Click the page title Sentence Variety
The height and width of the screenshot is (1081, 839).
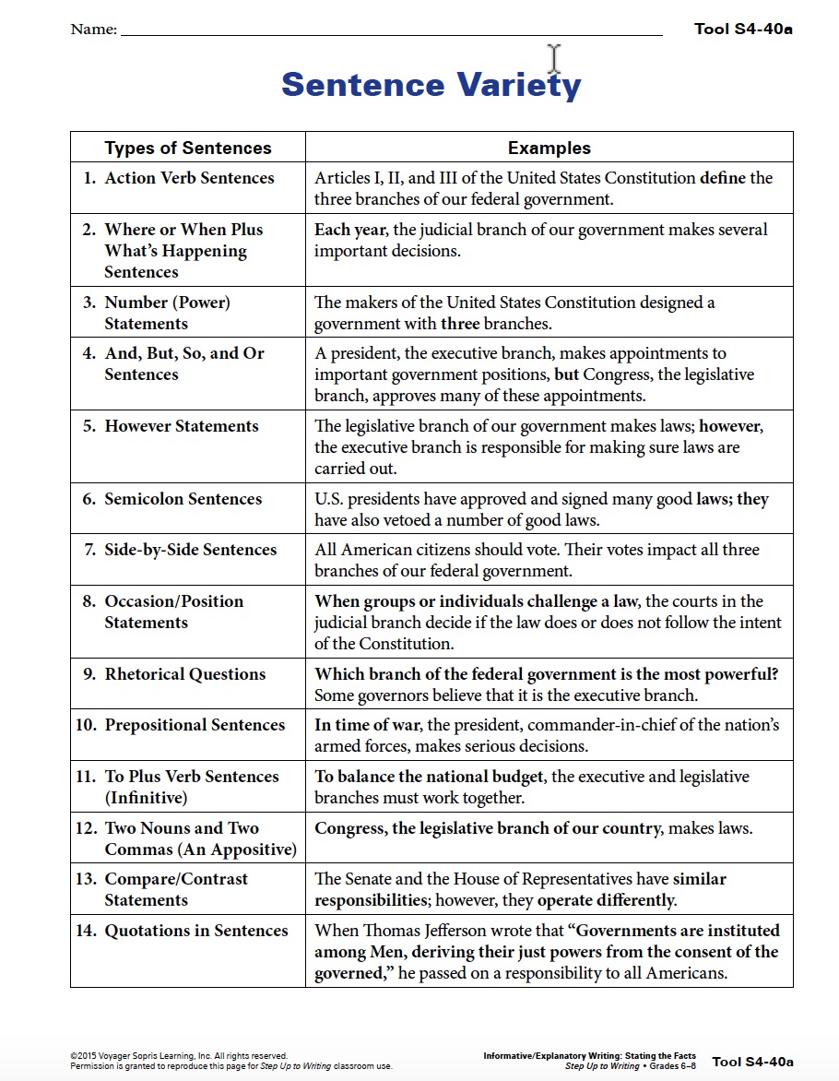click(431, 85)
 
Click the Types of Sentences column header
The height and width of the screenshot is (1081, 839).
click(188, 148)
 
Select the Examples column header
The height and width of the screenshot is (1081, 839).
click(549, 148)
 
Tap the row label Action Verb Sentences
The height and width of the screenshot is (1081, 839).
click(189, 178)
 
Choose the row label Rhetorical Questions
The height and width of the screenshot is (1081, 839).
click(184, 674)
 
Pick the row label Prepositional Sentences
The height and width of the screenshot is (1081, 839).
click(195, 725)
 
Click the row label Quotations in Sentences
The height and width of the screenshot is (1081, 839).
click(196, 931)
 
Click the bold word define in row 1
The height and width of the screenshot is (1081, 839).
click(722, 178)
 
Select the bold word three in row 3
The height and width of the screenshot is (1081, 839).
click(460, 324)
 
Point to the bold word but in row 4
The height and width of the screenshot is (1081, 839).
click(566, 374)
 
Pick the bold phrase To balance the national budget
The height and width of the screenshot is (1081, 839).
click(429, 777)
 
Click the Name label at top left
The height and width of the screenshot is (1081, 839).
click(93, 30)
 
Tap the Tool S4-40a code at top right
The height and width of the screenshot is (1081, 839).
click(743, 29)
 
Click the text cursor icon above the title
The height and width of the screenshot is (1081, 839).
click(554, 58)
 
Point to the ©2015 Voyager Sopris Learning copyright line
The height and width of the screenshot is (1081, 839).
click(179, 1056)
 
